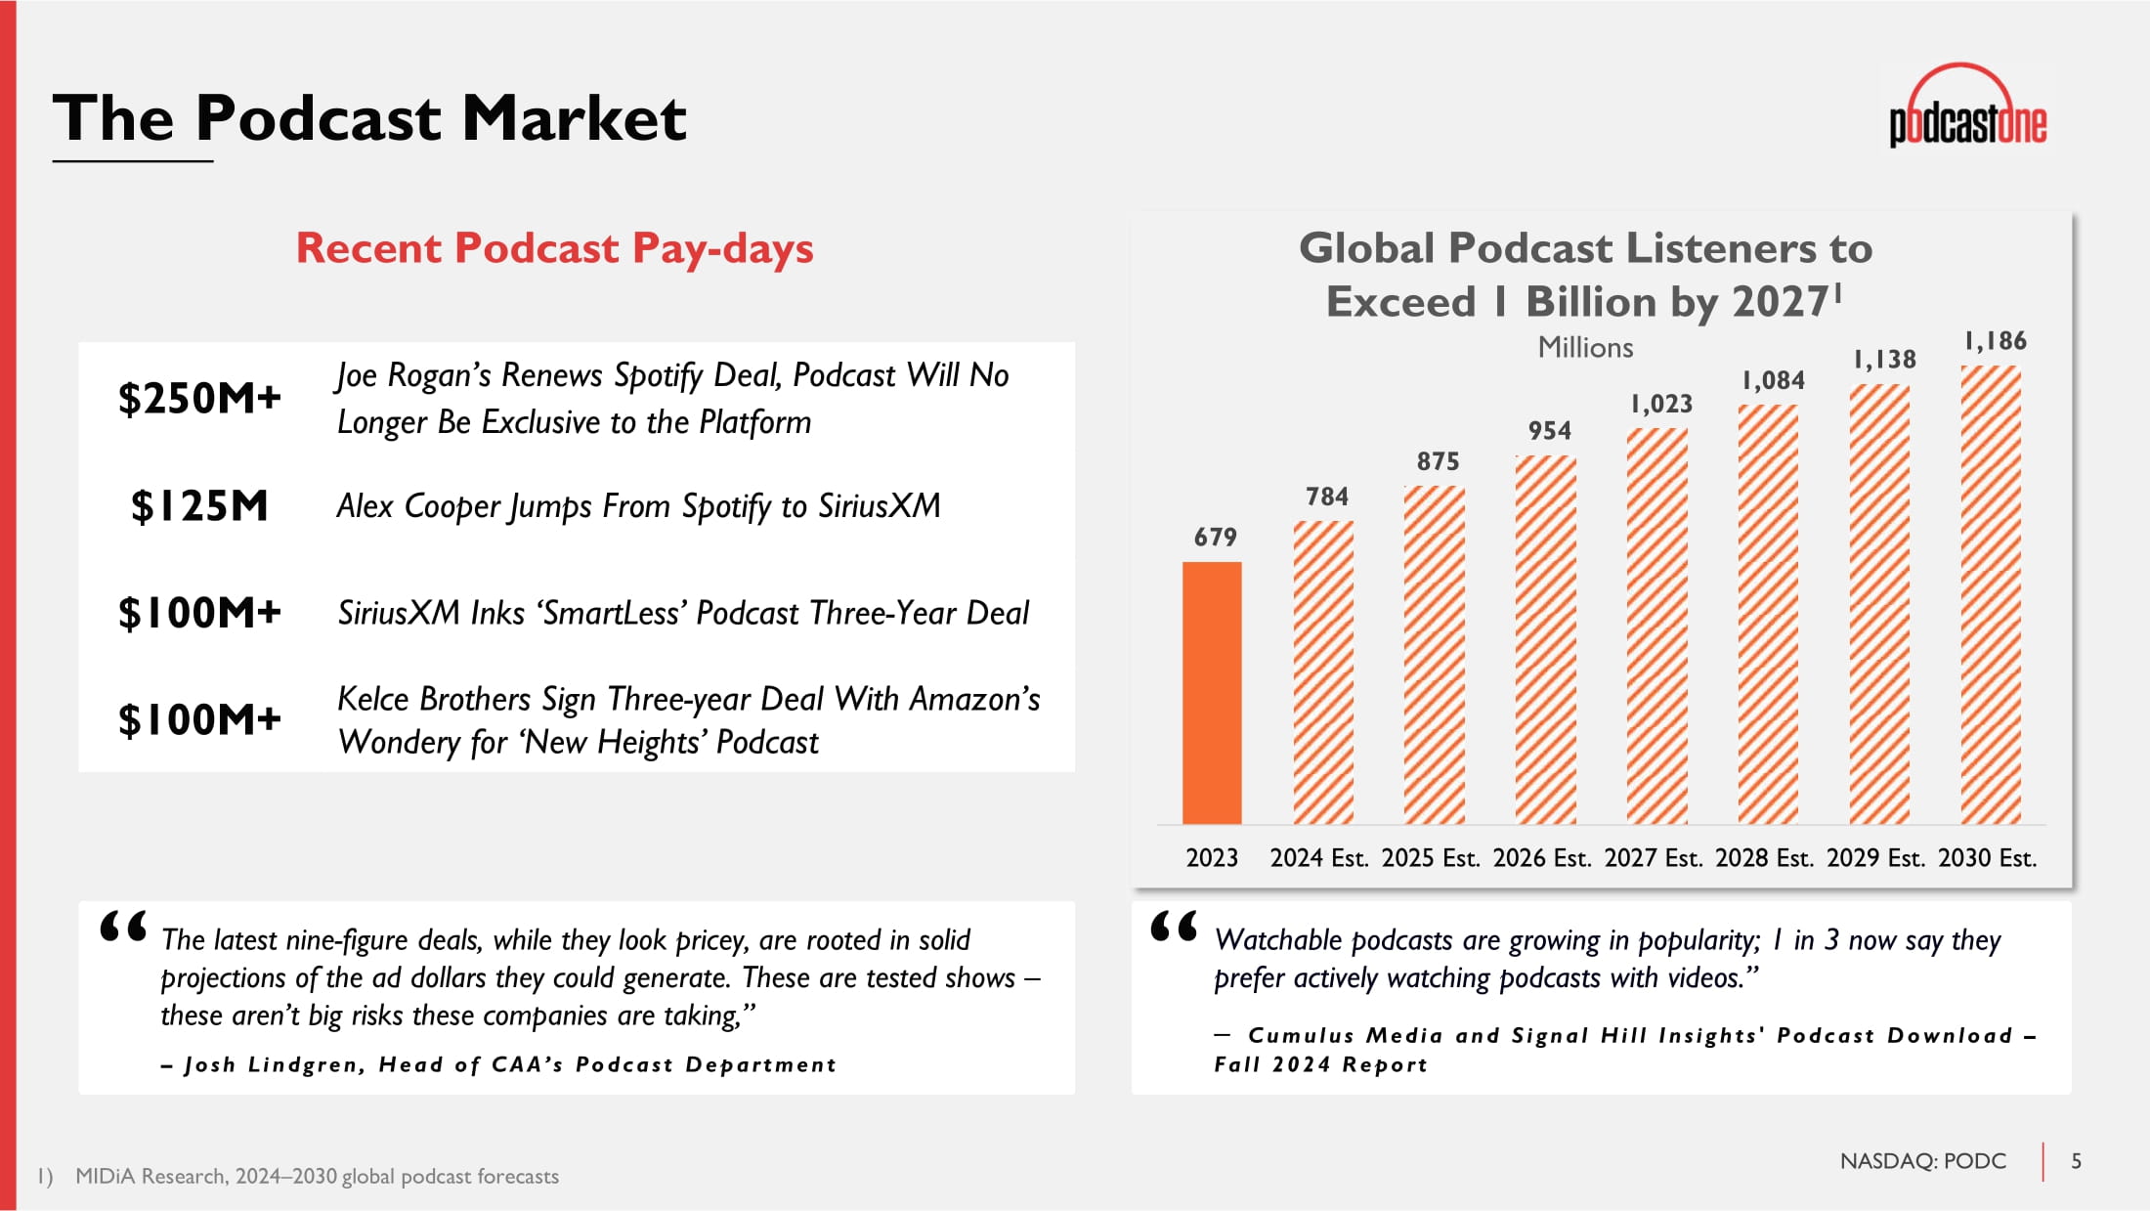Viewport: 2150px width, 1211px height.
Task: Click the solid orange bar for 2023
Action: pyautogui.click(x=1212, y=693)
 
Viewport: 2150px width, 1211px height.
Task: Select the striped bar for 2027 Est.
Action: pyautogui.click(x=1656, y=627)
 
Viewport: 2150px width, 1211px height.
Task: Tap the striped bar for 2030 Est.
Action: pyautogui.click(x=1991, y=595)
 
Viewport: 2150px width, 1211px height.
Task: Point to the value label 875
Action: pyautogui.click(x=1438, y=461)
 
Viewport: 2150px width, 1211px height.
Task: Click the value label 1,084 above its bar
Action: pyautogui.click(x=1773, y=380)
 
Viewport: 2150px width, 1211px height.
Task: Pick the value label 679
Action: pyautogui.click(x=1215, y=537)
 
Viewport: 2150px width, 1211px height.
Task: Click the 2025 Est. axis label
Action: pyautogui.click(x=1430, y=858)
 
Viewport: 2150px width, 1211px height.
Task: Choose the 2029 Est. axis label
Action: pyautogui.click(x=1875, y=858)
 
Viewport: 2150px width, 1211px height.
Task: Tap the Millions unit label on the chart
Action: pyautogui.click(x=1585, y=347)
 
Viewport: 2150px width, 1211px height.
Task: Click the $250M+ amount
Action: pyautogui.click(x=199, y=398)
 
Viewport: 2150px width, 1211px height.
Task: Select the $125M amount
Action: pyautogui.click(x=199, y=506)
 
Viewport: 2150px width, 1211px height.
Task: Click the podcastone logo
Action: pyautogui.click(x=1967, y=107)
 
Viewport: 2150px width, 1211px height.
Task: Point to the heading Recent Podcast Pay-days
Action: pyautogui.click(x=554, y=248)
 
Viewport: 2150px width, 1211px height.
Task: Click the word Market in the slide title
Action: pyautogui.click(x=574, y=118)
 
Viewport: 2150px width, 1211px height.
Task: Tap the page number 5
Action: pyautogui.click(x=2077, y=1161)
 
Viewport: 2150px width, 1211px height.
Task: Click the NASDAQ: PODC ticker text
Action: pyautogui.click(x=1922, y=1161)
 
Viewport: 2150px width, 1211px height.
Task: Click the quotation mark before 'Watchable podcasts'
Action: pyautogui.click(x=1174, y=926)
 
